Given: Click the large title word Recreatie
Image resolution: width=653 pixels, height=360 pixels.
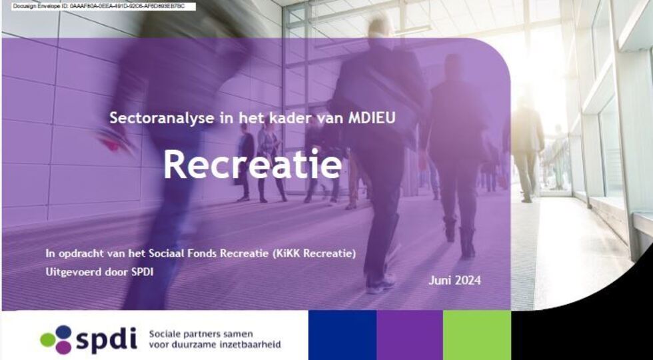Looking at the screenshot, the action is [253, 164].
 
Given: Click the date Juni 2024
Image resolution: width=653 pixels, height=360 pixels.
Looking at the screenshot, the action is [454, 280].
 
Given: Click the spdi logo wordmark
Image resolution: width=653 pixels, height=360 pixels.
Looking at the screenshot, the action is [106, 339].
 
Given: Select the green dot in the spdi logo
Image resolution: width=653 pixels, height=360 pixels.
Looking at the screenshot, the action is [47, 339].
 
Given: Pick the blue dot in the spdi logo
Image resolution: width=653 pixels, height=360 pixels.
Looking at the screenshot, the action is [63, 332].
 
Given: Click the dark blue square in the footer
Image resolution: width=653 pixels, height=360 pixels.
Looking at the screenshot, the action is [342, 335].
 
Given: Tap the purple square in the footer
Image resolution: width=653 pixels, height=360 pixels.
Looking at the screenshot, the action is [410, 335].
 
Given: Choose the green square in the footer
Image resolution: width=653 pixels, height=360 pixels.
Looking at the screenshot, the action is [477, 335].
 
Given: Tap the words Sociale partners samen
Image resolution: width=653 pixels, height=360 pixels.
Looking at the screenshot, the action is [201, 334].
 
